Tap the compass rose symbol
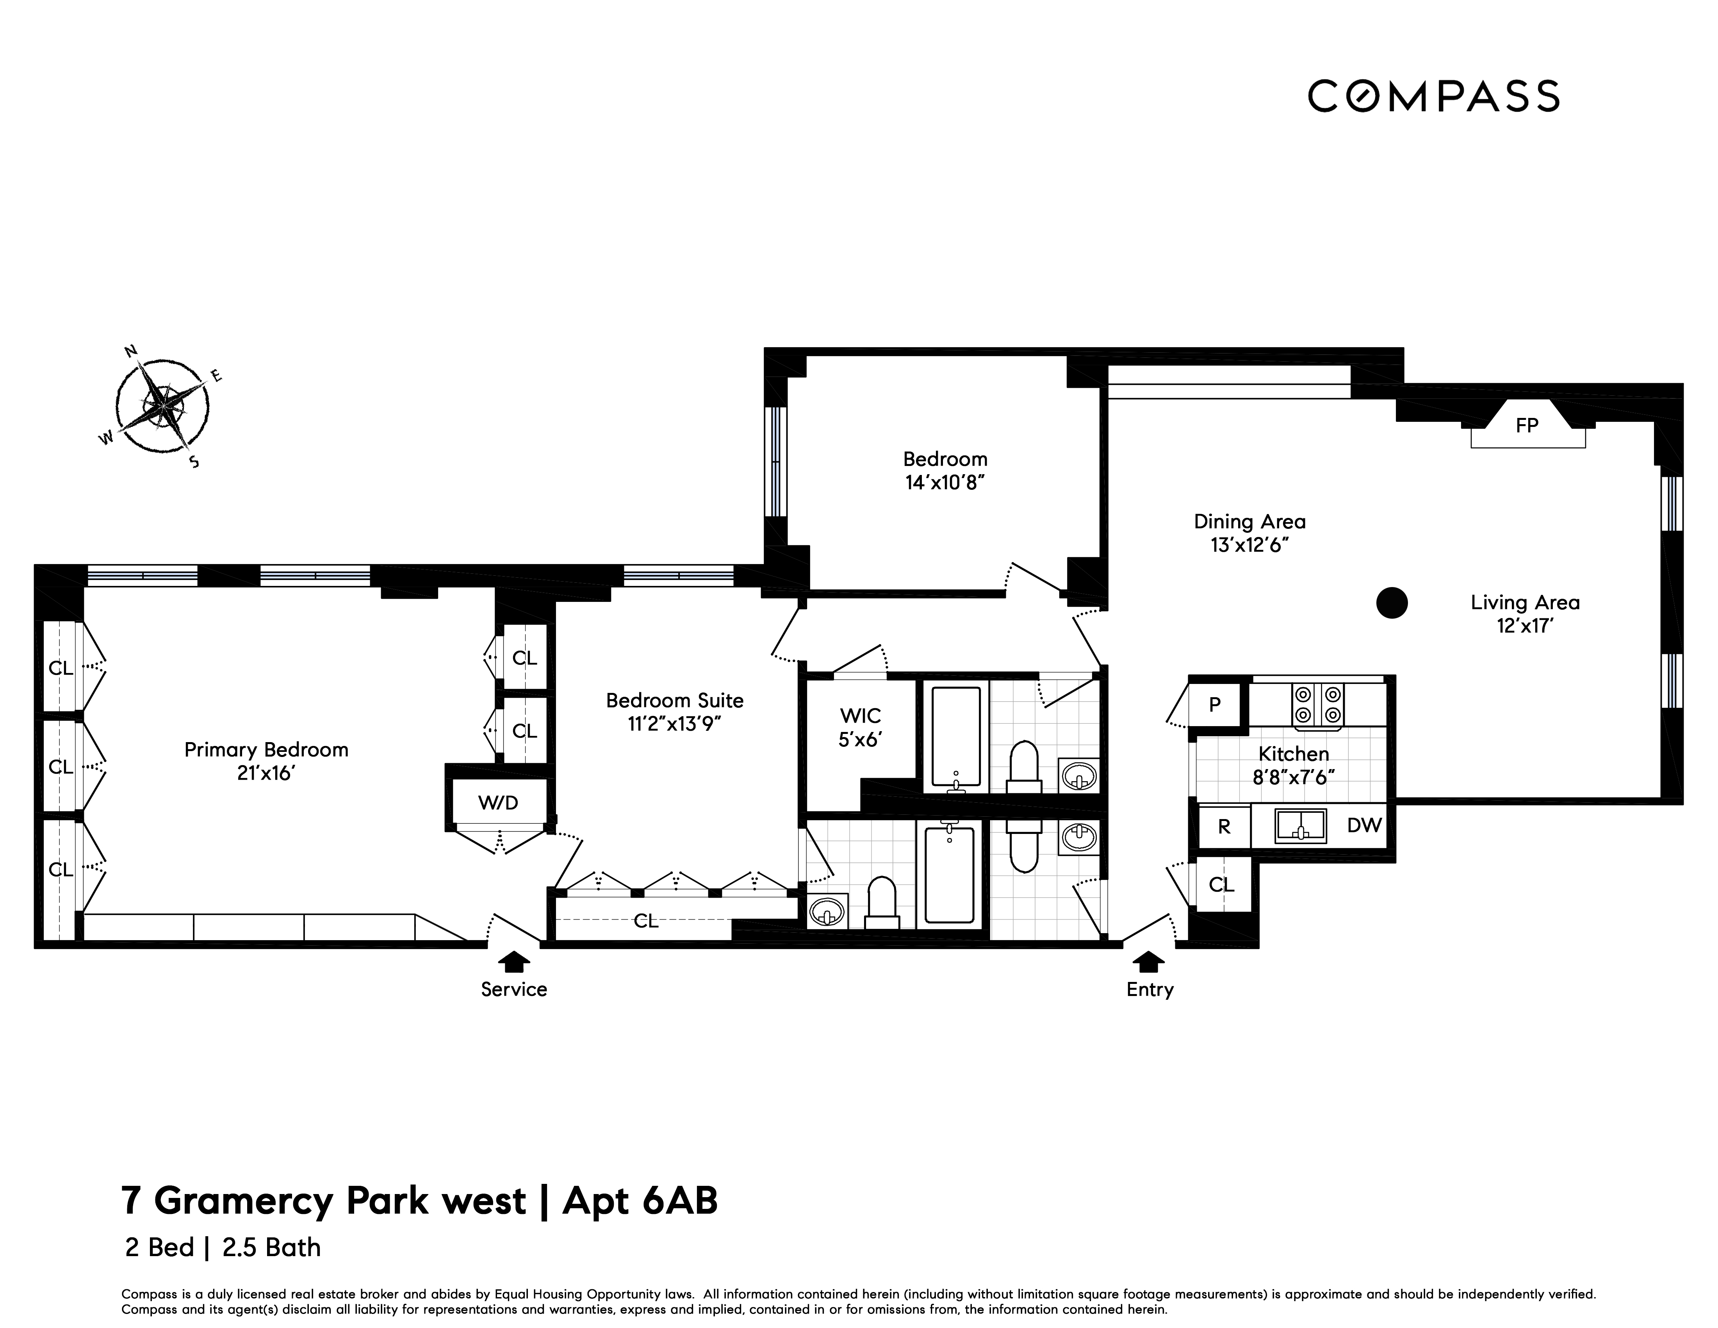click(x=162, y=406)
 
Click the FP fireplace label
click(x=1527, y=426)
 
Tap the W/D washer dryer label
click(x=498, y=803)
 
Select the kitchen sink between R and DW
click(x=1300, y=825)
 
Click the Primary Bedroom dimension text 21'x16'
click(x=266, y=773)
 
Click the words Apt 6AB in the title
click(x=640, y=1201)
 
